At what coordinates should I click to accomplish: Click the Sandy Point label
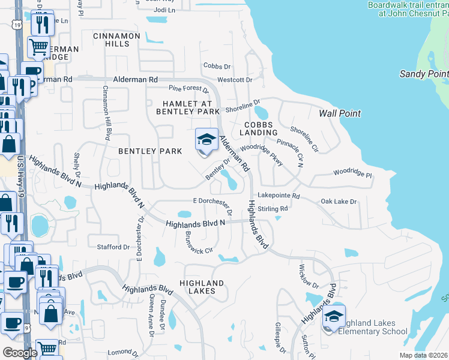click(x=424, y=74)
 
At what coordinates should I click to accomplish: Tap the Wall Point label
click(x=340, y=113)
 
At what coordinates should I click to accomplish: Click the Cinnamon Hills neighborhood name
click(x=116, y=40)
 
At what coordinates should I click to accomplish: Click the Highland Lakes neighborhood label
click(x=201, y=287)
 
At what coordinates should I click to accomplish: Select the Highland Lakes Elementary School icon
click(x=334, y=318)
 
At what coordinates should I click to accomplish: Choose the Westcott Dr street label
click(x=235, y=79)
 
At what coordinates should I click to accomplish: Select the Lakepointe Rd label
click(x=278, y=196)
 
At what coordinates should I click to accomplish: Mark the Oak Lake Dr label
click(x=339, y=202)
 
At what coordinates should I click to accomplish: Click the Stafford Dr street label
click(x=113, y=247)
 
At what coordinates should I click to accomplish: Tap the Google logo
click(x=20, y=353)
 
